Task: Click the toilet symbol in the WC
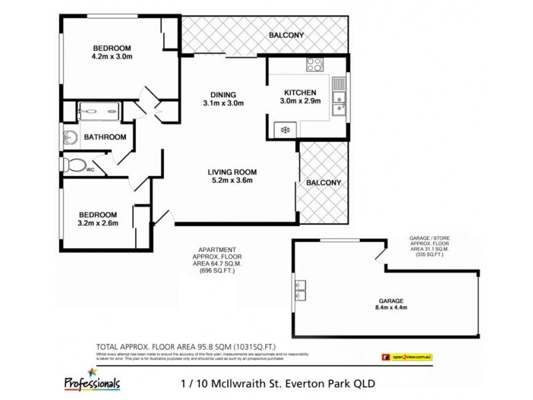tap(75, 163)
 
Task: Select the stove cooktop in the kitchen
tap(313, 65)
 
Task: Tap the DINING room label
tap(223, 94)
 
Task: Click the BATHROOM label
tap(105, 137)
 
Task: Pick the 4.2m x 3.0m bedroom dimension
tap(112, 57)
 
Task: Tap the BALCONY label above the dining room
tap(286, 35)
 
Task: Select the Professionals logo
tap(93, 381)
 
